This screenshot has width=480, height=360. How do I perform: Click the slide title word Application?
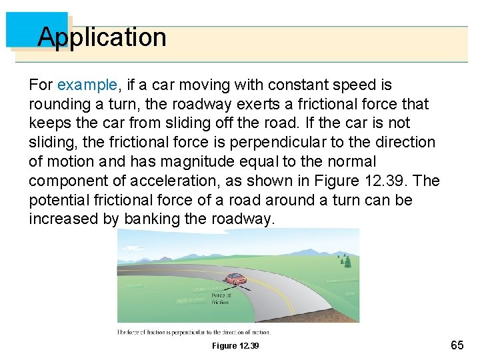coord(101,37)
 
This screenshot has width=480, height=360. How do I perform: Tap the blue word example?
coord(87,85)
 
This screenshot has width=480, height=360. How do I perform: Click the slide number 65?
coord(457,345)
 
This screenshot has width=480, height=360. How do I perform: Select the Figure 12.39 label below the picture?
coord(235,345)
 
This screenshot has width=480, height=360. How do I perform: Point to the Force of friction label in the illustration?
coord(221,299)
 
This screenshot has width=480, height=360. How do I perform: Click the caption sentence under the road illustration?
coord(194,331)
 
